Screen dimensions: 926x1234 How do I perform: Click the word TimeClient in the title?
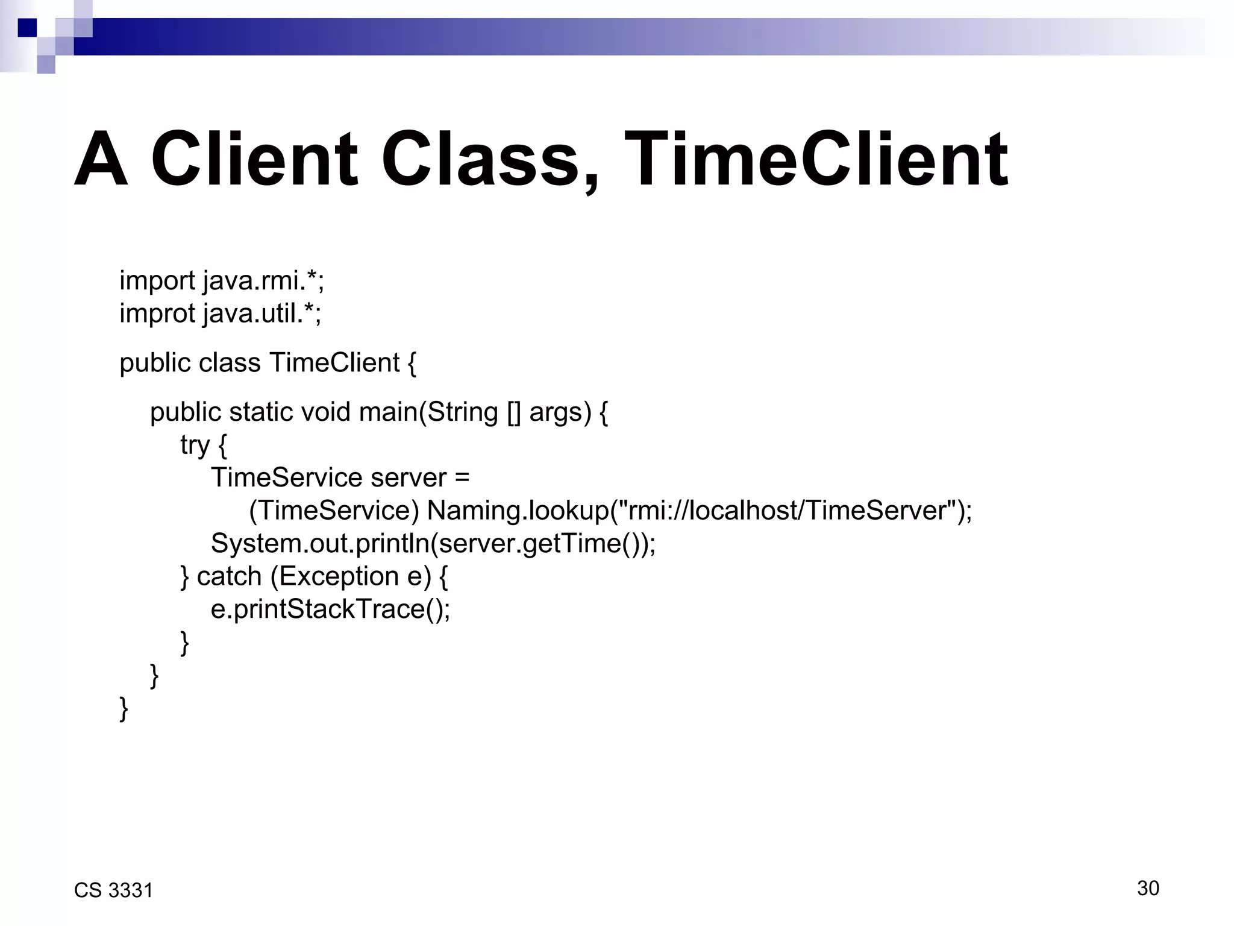coord(816,159)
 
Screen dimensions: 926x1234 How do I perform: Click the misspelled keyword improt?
coord(157,313)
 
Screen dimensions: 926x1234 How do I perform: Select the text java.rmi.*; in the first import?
coord(263,281)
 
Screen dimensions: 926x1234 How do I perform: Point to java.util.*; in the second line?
coord(262,313)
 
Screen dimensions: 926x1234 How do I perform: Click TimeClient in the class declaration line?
coord(334,363)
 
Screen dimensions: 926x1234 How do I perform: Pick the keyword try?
coord(195,446)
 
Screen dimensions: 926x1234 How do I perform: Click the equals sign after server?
coord(462,478)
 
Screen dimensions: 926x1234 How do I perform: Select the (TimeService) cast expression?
coord(334,511)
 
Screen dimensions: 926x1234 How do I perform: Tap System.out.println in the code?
coord(319,543)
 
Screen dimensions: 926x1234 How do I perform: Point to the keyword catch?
coord(229,576)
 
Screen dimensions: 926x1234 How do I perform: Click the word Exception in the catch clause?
coord(339,576)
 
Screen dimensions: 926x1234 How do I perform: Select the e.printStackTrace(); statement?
coord(330,609)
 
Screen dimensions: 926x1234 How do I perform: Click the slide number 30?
coord(1148,888)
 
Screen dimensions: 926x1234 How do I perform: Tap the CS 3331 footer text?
coord(113,890)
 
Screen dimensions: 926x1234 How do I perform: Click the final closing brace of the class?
coord(124,708)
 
